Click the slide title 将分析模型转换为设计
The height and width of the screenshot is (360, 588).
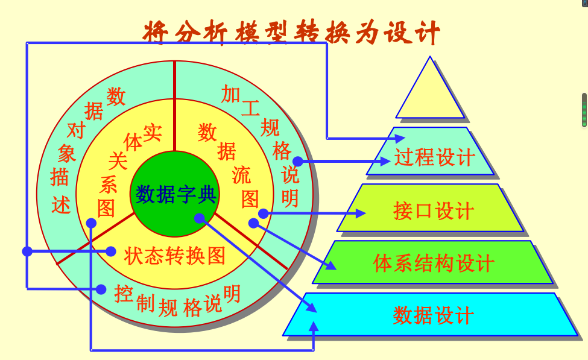click(x=291, y=31)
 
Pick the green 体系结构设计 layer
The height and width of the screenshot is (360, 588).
click(x=433, y=263)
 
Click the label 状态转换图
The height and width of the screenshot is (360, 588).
click(x=175, y=256)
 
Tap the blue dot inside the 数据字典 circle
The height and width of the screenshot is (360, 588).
click(x=200, y=218)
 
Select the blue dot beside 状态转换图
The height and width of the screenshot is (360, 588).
click(x=111, y=251)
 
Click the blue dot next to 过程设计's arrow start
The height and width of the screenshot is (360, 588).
click(x=297, y=161)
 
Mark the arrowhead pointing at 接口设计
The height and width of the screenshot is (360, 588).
click(x=361, y=213)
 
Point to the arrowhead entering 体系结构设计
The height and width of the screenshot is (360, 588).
click(x=330, y=266)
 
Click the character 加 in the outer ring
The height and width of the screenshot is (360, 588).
click(x=231, y=93)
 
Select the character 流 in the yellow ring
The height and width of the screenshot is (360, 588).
click(x=241, y=175)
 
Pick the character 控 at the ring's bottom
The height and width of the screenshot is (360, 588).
click(x=124, y=294)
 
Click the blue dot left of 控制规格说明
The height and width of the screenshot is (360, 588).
click(x=101, y=289)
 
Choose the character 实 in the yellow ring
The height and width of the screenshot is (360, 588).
click(x=153, y=132)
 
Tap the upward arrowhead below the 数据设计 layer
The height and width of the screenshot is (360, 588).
click(x=313, y=326)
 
